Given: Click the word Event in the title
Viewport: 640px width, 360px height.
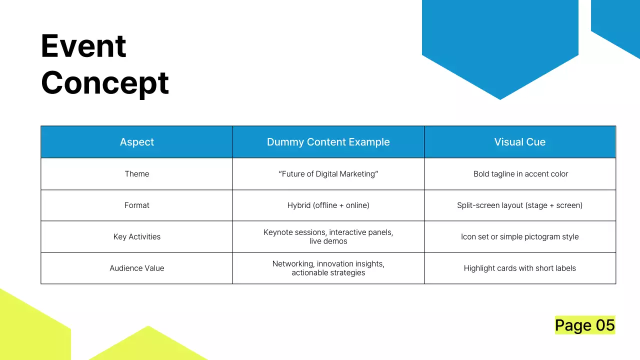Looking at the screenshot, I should click(x=83, y=46).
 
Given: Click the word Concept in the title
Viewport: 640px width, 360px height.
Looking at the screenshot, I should click(x=105, y=83).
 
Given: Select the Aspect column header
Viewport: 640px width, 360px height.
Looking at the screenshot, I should click(x=137, y=142).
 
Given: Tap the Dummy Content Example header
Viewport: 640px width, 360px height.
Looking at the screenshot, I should click(x=328, y=142).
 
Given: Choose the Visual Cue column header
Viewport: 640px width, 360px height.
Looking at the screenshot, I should click(x=519, y=142).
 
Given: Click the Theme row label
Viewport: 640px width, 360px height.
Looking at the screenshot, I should click(x=137, y=174).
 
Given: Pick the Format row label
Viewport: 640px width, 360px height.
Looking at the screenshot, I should click(x=137, y=205).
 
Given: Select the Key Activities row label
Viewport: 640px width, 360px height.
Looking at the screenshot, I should click(x=137, y=237).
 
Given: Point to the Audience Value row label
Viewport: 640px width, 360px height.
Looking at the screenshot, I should click(x=137, y=268).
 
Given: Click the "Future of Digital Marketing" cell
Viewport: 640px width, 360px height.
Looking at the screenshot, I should click(x=328, y=174).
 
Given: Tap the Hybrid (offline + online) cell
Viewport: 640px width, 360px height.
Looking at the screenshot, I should click(x=328, y=205).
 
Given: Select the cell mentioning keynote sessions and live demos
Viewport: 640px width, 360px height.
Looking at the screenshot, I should click(x=328, y=237).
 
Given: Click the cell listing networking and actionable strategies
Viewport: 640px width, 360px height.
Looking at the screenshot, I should click(x=328, y=268).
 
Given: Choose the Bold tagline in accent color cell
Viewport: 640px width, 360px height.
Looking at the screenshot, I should click(x=520, y=174).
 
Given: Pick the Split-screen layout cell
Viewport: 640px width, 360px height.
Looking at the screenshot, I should click(x=519, y=205).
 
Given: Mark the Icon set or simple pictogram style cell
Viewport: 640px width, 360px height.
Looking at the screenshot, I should click(x=519, y=237).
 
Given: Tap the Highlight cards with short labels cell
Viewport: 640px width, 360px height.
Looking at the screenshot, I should click(x=519, y=268).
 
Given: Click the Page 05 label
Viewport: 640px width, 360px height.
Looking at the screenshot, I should click(x=584, y=325).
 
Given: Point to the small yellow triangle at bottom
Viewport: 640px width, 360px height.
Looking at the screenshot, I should click(x=147, y=347).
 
